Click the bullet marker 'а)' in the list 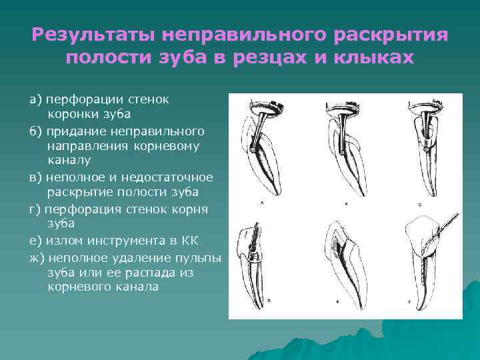click(35, 99)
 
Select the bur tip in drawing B click(342, 155)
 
